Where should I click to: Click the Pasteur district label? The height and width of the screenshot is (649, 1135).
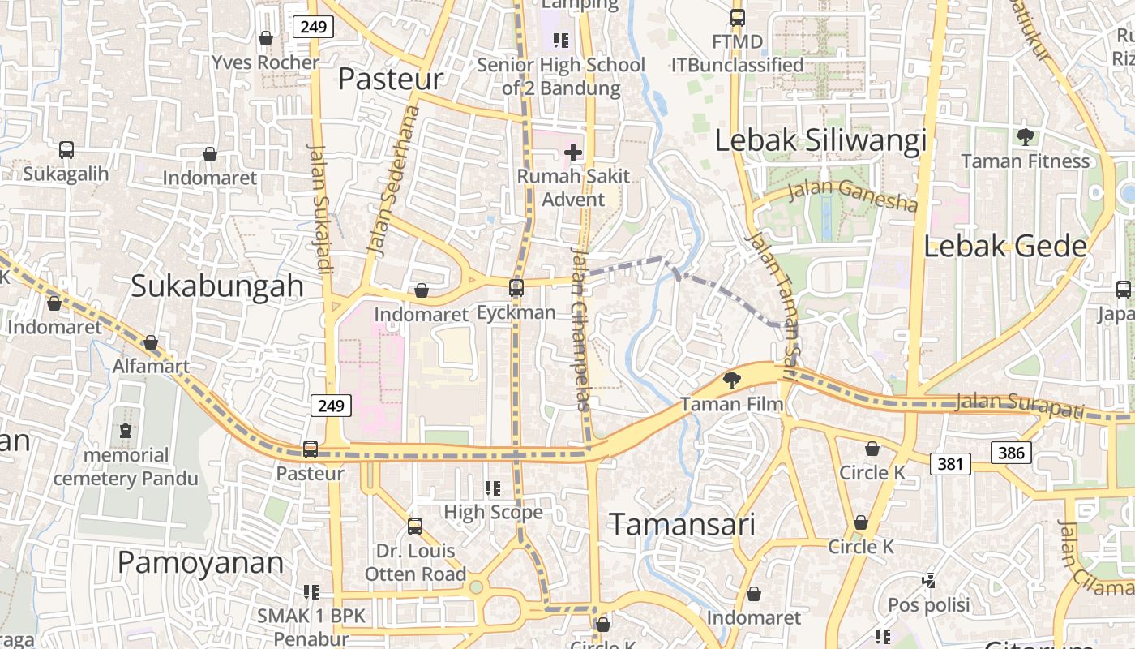390,79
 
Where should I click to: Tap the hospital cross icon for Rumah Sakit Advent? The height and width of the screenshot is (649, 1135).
573,152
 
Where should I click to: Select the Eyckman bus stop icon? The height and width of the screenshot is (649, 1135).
516,287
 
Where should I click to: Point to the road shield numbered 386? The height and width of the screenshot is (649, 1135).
1011,452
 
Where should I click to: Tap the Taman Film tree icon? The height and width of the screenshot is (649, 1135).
731,379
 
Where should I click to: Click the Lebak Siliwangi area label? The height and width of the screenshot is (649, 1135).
820,140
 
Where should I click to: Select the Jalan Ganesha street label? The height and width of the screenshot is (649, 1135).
852,194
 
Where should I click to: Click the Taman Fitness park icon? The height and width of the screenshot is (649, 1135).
1025,136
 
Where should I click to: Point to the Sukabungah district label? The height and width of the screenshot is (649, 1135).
216,286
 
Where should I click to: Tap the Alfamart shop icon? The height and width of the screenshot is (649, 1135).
151,342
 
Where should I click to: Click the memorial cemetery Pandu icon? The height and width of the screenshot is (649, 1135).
126,431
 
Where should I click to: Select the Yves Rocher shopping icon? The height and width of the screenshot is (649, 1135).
265,38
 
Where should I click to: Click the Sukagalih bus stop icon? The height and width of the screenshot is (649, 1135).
66,150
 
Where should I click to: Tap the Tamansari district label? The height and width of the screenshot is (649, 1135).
681,524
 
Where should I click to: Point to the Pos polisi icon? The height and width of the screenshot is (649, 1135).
929,580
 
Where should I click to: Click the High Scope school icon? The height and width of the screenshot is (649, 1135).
492,488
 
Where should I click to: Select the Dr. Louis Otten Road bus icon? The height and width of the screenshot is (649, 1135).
415,526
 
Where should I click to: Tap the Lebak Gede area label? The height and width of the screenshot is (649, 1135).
1004,246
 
